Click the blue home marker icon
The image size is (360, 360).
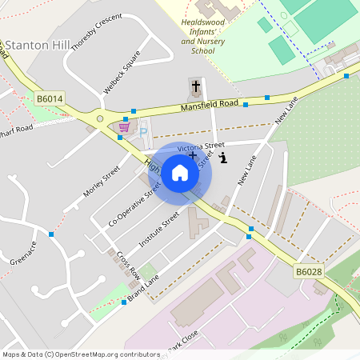[180, 172]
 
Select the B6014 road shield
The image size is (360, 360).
[50, 98]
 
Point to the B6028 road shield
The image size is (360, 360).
[308, 272]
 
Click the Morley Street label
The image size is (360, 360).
[101, 182]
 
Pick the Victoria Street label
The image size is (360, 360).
[201, 147]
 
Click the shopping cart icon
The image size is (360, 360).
[124, 126]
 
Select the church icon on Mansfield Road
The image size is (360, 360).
[195, 85]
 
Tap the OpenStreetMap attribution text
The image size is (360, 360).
[81, 354]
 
